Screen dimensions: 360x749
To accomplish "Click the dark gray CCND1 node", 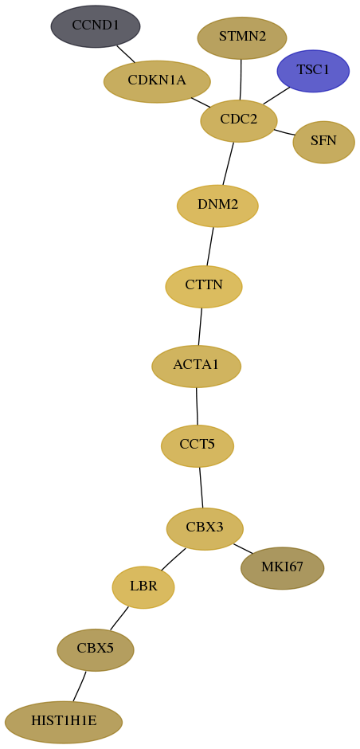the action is [96, 26].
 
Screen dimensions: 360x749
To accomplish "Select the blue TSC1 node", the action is [313, 71].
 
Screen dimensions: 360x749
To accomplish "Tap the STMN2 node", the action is [242, 37].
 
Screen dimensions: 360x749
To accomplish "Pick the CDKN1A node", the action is [157, 82].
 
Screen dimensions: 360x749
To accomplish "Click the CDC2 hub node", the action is [239, 121].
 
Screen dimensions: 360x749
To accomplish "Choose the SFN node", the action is [323, 142].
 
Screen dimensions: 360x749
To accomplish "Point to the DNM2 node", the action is [217, 206].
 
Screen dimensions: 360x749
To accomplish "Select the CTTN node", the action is [204, 287].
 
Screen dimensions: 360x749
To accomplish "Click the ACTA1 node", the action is [196, 367].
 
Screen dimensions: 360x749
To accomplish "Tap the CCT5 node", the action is [198, 445].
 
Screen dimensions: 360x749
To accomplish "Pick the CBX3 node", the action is [205, 529].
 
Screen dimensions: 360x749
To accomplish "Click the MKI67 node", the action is [283, 568].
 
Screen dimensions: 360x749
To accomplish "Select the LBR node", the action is [143, 587].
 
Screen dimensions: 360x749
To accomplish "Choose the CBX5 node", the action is [96, 649].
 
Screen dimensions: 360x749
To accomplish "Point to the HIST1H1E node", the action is [64, 722].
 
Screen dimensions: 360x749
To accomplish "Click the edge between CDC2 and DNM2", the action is [229, 163].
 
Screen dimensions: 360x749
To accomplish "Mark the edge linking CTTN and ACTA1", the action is [200, 327].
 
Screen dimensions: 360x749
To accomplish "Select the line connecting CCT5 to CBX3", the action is [201, 487].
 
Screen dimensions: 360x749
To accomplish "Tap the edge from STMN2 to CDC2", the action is [241, 80].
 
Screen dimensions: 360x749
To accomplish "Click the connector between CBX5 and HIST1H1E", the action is [80, 686].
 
